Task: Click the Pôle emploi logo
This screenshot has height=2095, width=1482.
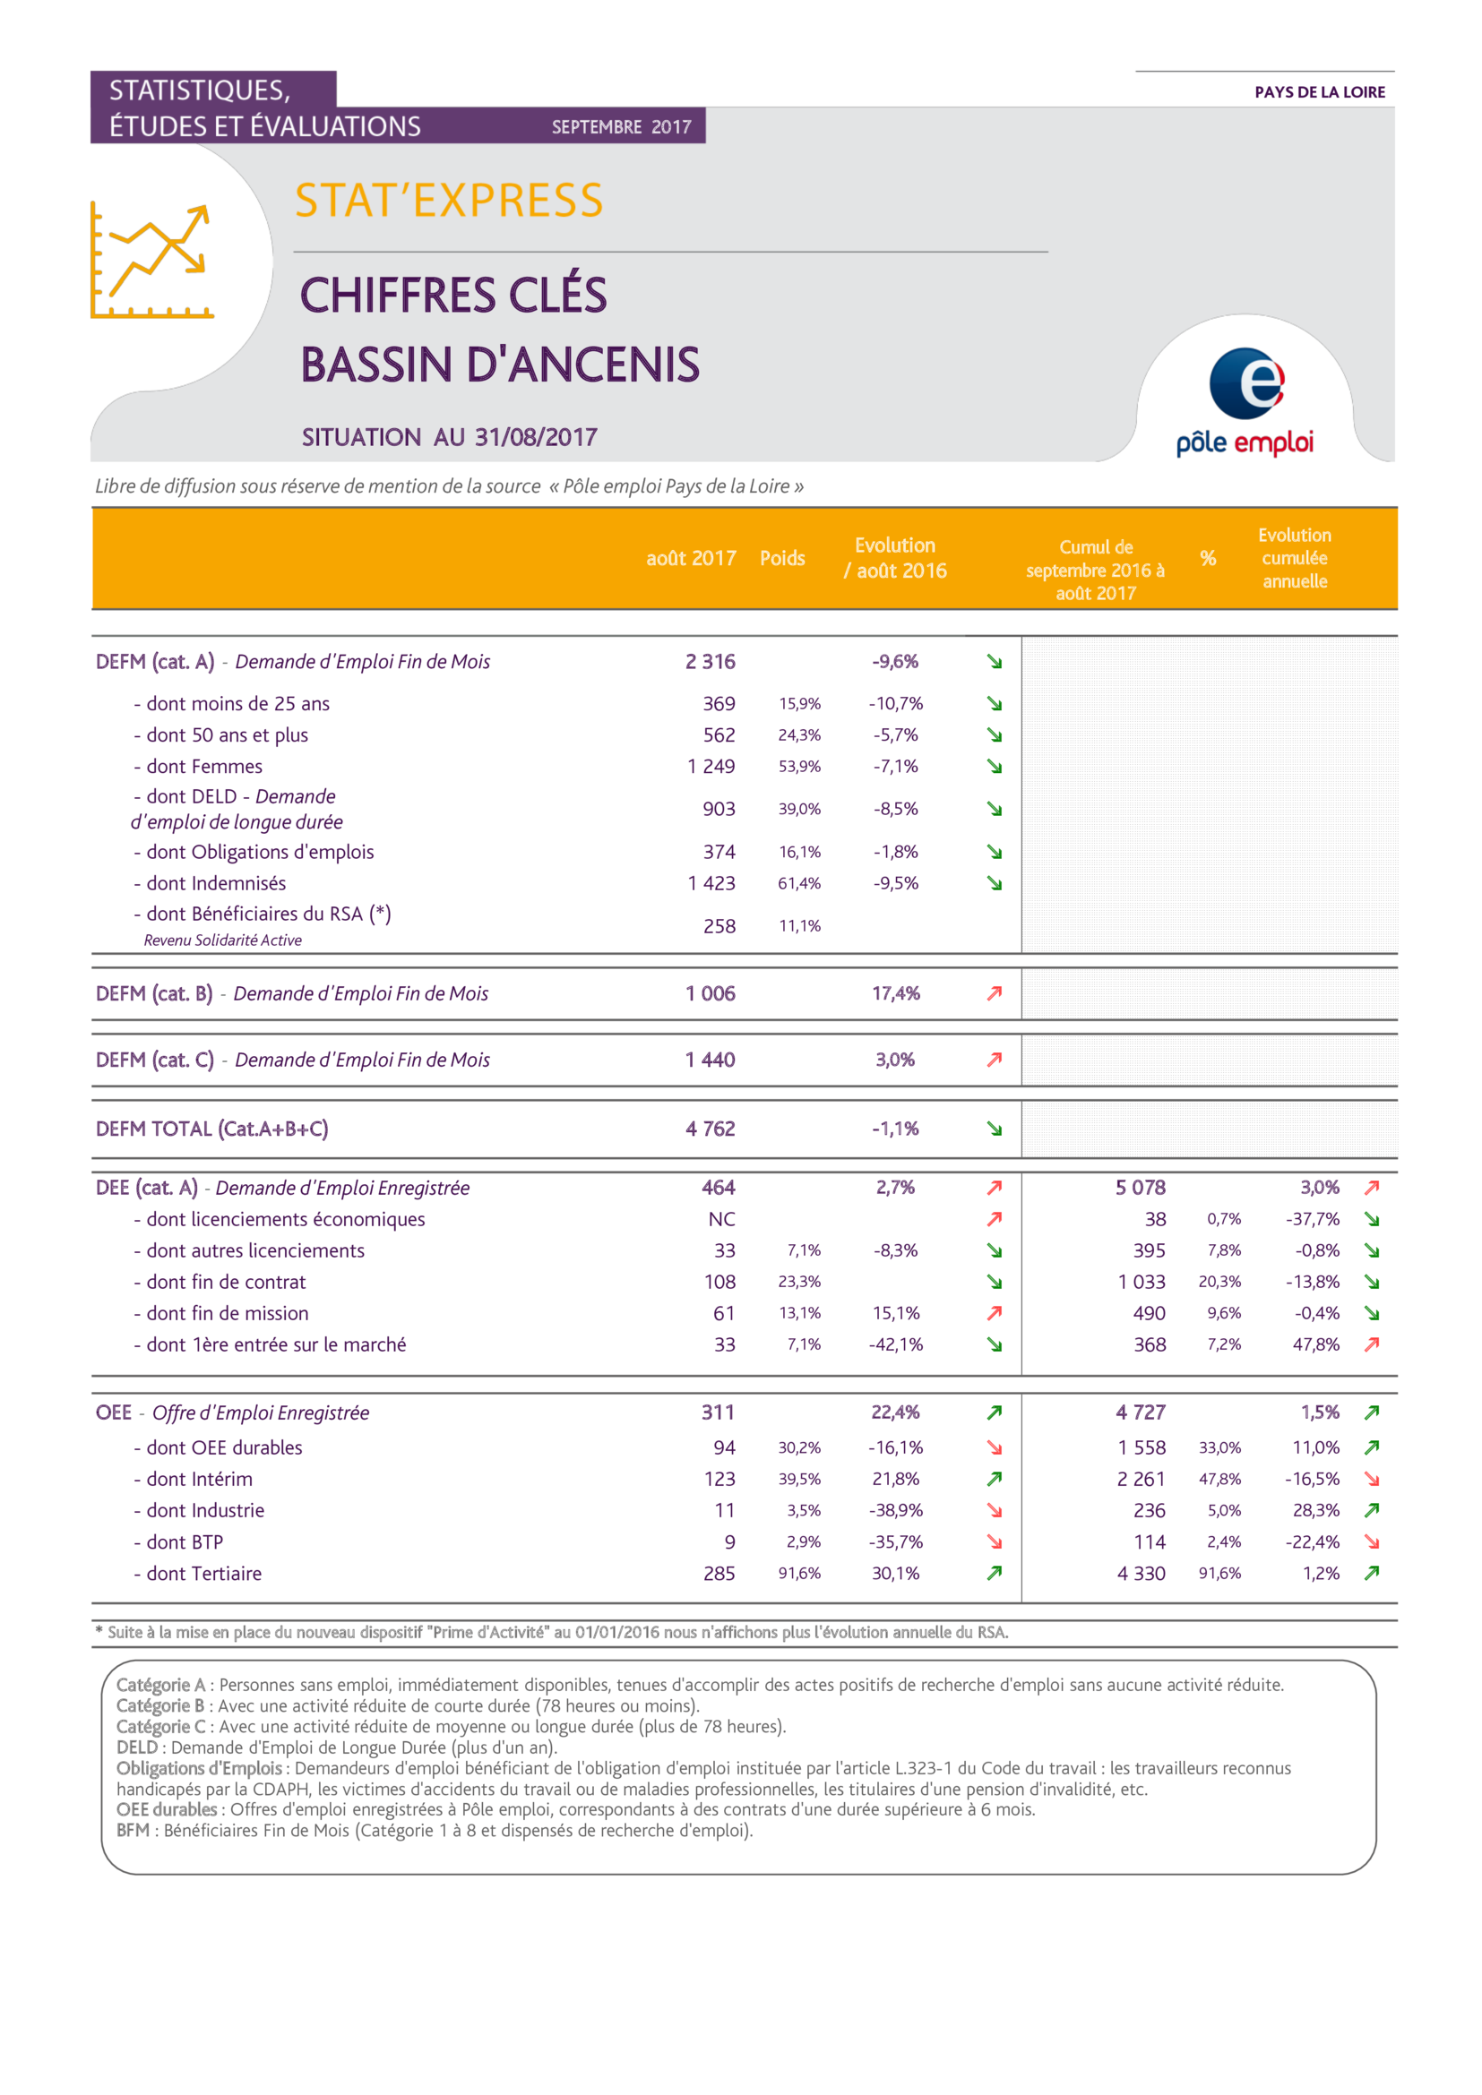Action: [1245, 401]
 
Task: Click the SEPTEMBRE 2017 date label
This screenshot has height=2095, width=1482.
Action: [622, 127]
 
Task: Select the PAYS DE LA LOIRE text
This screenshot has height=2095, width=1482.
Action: [1320, 92]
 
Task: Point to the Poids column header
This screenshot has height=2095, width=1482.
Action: [782, 558]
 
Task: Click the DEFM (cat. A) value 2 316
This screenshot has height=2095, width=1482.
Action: [710, 662]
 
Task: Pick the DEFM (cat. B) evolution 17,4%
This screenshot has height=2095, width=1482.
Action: [895, 993]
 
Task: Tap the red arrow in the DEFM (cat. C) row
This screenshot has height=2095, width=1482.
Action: [995, 1060]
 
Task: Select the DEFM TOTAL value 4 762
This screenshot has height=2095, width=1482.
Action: [710, 1129]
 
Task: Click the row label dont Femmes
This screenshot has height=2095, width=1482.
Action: [203, 767]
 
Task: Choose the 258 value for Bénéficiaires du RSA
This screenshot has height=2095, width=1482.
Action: [719, 926]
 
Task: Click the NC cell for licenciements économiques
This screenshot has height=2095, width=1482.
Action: [721, 1219]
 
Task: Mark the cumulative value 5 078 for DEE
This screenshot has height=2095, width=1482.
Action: [1140, 1187]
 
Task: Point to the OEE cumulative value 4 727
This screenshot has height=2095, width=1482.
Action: [1140, 1412]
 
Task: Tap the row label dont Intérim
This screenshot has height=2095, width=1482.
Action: [199, 1479]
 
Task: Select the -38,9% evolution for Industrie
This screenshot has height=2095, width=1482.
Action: [895, 1510]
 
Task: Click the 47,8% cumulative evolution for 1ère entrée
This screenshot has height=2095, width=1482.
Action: [1315, 1344]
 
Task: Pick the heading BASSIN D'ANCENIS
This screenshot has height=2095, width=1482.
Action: [500, 365]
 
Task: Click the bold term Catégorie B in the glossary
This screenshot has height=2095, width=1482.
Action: [159, 1705]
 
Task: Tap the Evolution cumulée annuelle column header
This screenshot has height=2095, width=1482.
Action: [1294, 558]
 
